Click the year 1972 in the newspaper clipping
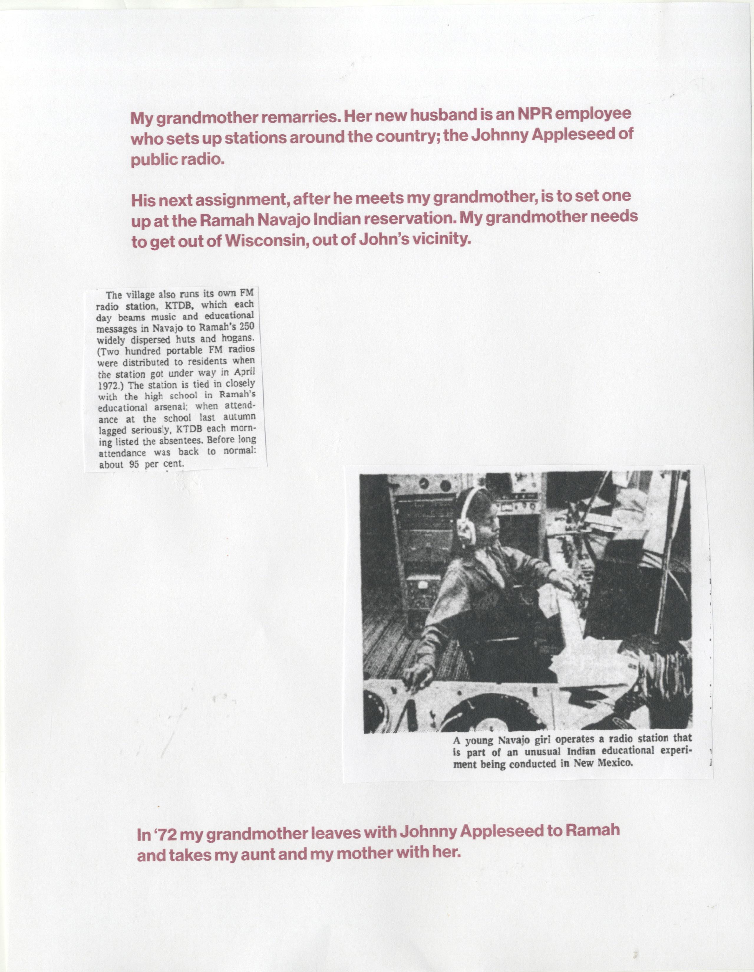click(x=107, y=386)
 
